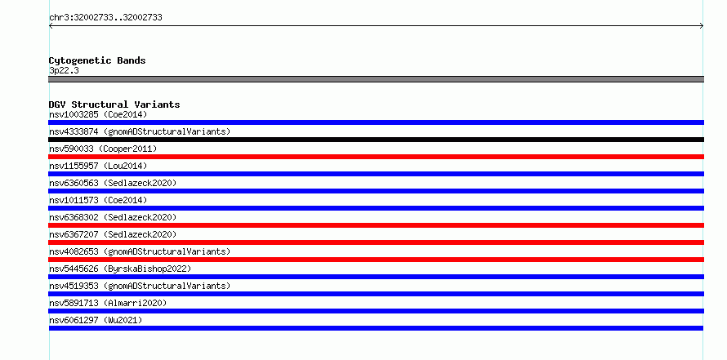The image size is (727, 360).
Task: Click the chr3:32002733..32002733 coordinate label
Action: (x=105, y=18)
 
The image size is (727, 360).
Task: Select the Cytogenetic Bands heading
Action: (x=97, y=60)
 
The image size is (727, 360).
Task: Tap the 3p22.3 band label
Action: (x=64, y=71)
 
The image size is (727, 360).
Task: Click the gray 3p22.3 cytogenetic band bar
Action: (x=376, y=79)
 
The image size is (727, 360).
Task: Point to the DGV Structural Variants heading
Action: (x=114, y=104)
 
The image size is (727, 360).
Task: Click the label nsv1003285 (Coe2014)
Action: (x=98, y=114)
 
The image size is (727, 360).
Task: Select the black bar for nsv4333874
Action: (x=376, y=140)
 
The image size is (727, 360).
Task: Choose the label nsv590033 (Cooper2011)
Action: (x=103, y=149)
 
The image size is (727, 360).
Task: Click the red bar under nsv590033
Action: (x=376, y=157)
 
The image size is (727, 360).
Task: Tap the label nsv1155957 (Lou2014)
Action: (x=98, y=166)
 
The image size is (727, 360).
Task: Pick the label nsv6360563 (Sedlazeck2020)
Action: (x=113, y=183)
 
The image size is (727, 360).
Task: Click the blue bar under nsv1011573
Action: (x=376, y=208)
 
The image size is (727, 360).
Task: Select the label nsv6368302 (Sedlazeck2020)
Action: (x=113, y=217)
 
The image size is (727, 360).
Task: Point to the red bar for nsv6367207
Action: (x=376, y=242)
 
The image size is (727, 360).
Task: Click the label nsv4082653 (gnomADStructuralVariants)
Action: (x=140, y=251)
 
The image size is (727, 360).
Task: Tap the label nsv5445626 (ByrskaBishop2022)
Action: (x=120, y=269)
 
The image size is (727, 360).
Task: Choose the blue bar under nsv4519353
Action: (x=376, y=294)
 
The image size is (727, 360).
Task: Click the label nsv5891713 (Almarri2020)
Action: (x=108, y=303)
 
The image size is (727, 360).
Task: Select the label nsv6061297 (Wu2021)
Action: (x=96, y=320)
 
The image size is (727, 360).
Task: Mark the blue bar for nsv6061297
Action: (x=376, y=328)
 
